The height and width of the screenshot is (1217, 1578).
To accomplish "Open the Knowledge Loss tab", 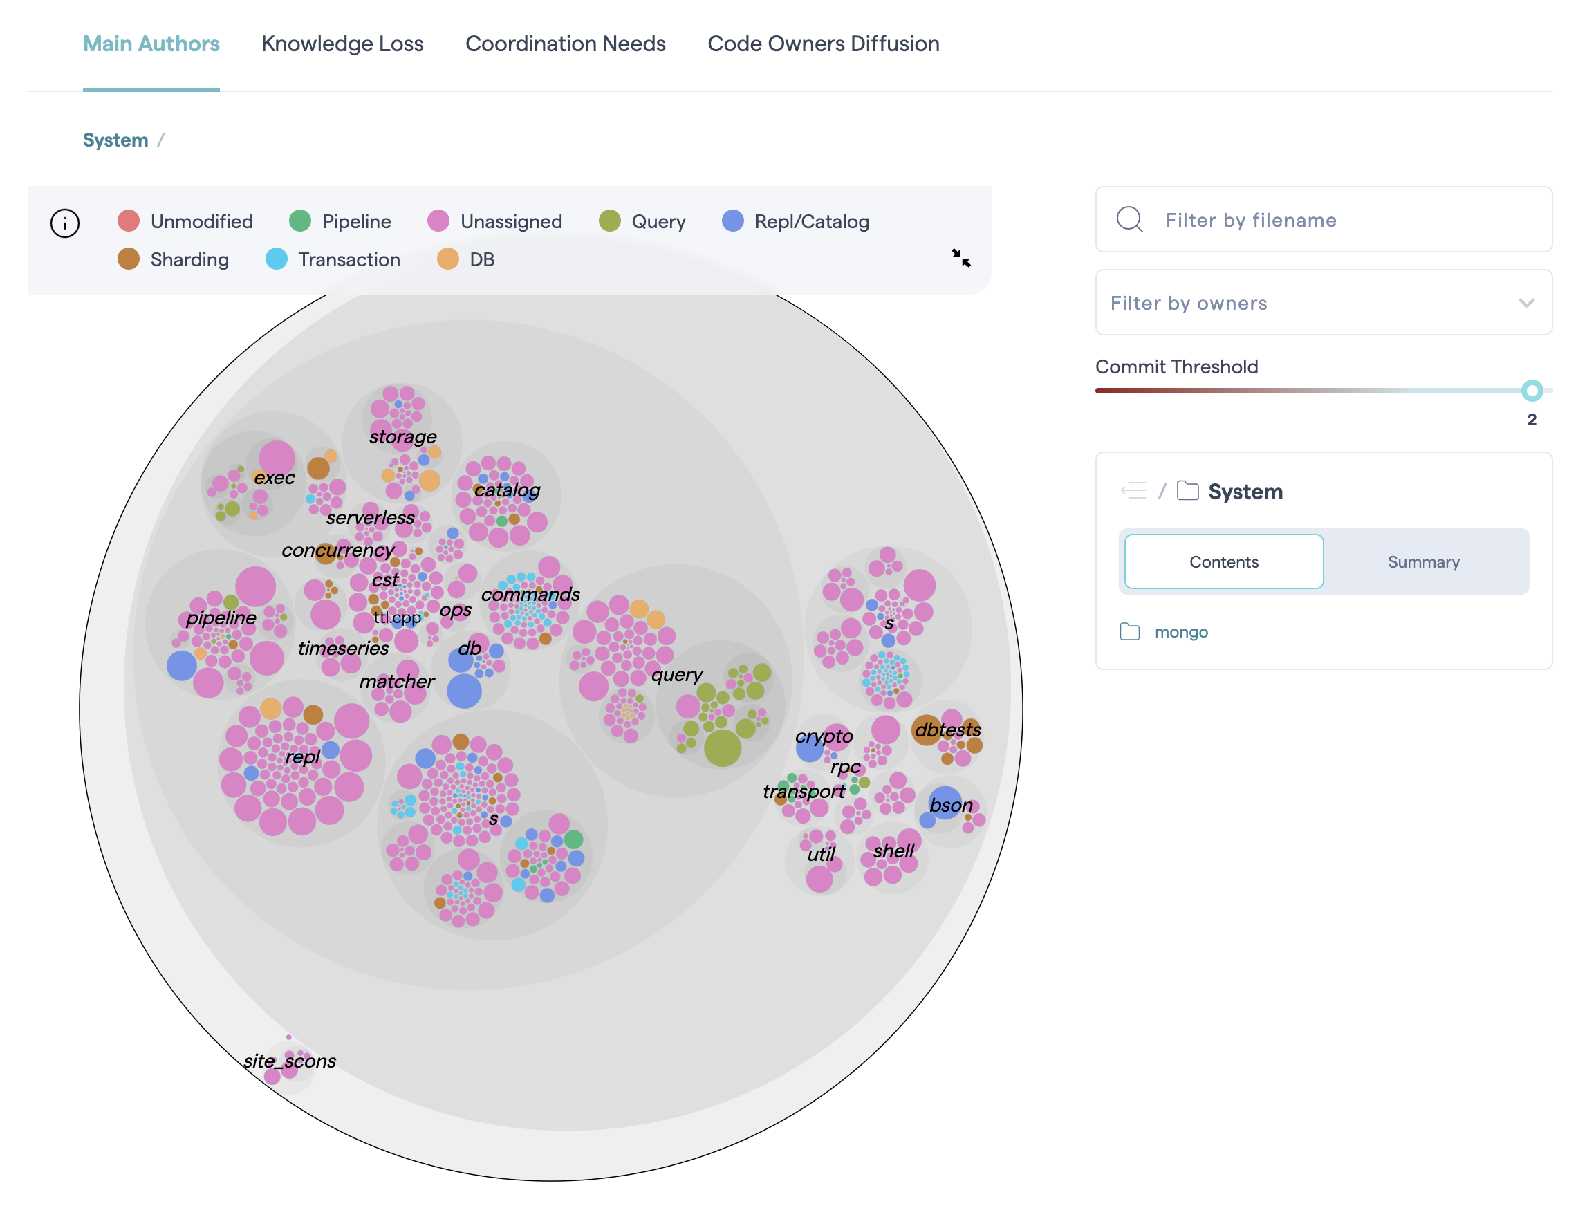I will [x=342, y=44].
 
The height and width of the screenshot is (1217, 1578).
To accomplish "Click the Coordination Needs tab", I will [x=565, y=44].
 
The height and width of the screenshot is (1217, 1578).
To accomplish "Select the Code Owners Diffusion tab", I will [x=823, y=44].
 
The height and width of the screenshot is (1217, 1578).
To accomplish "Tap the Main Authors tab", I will [x=151, y=44].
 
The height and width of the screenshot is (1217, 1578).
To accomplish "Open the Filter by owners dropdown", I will [x=1322, y=303].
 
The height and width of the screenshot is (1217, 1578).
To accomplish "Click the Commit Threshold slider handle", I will [x=1531, y=391].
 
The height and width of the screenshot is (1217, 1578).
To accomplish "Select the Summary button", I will [x=1422, y=561].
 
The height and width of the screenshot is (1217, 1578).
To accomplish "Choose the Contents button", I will [x=1223, y=561].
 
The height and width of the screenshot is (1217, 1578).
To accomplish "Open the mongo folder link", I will [x=1180, y=632].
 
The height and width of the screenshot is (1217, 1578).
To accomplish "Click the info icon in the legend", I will [x=65, y=223].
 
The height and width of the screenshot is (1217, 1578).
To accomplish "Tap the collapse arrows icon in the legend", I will [x=960, y=258].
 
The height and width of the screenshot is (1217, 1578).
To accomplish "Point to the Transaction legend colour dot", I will [x=276, y=259].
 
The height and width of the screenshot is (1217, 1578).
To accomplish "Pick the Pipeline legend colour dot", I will [x=300, y=221].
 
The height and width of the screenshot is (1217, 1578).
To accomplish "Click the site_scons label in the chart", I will [x=290, y=1061].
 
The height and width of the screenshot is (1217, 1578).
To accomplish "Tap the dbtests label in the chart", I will [x=947, y=730].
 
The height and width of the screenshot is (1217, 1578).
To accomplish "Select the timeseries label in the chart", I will [x=343, y=648].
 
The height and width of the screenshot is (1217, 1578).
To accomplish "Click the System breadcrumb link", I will [x=115, y=140].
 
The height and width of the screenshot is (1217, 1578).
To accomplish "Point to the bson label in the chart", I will [x=950, y=805].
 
